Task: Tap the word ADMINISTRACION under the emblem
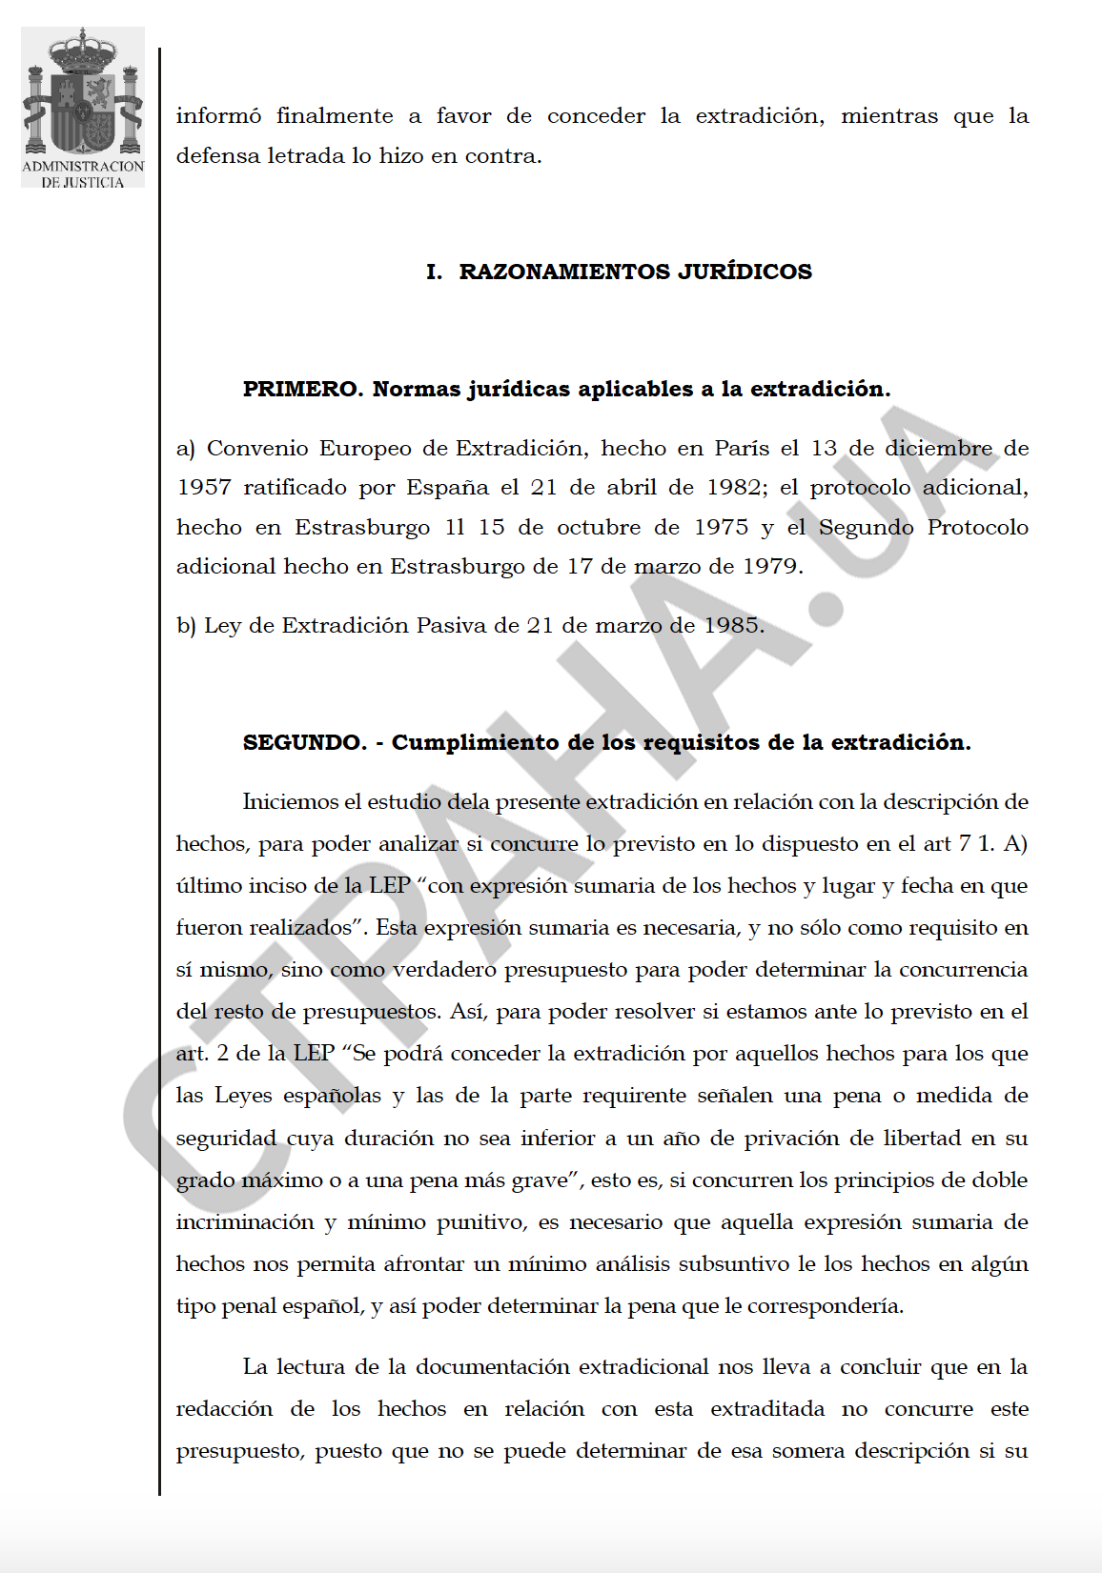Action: [x=83, y=167]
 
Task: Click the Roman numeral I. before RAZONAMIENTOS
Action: [x=434, y=272]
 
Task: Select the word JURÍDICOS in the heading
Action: [x=745, y=272]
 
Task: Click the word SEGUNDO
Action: [x=304, y=743]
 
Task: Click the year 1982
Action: [x=733, y=488]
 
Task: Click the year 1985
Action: [x=733, y=626]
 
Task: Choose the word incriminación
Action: [x=244, y=1222]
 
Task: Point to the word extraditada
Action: [x=766, y=1409]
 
